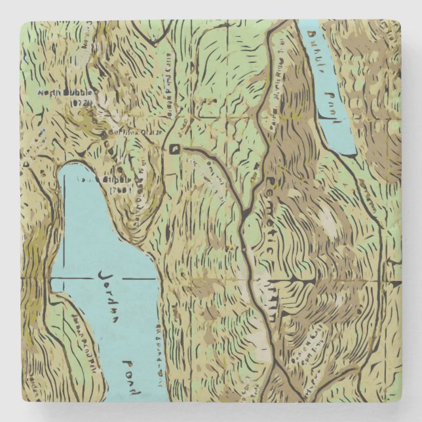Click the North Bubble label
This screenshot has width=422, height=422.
(x=66, y=93)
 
